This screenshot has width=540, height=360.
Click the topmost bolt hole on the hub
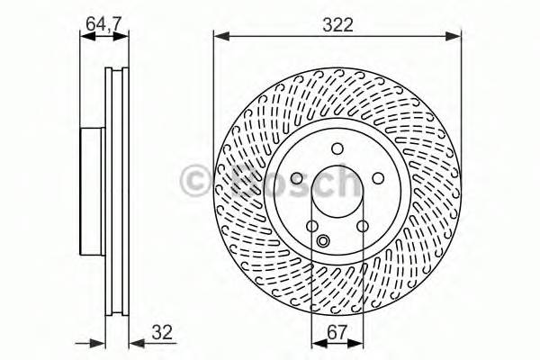click(x=337, y=149)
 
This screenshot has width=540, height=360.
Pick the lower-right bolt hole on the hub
click(x=363, y=228)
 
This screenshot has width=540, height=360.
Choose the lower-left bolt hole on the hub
click(x=311, y=228)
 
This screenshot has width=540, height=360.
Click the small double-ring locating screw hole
click(x=324, y=240)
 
